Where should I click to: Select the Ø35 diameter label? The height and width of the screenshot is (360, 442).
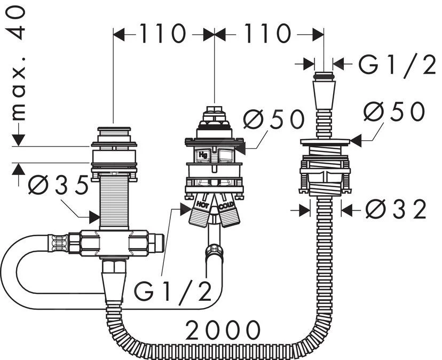click(58, 186)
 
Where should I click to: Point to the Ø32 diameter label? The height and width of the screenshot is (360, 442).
click(397, 210)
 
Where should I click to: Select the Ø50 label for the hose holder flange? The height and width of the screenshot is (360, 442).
click(394, 112)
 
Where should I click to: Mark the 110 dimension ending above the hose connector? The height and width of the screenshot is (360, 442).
click(269, 35)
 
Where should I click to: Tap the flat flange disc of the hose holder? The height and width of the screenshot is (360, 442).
click(325, 141)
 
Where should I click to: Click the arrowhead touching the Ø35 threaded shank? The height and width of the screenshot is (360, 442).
click(94, 217)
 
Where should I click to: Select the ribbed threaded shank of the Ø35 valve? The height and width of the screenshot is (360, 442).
click(113, 203)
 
